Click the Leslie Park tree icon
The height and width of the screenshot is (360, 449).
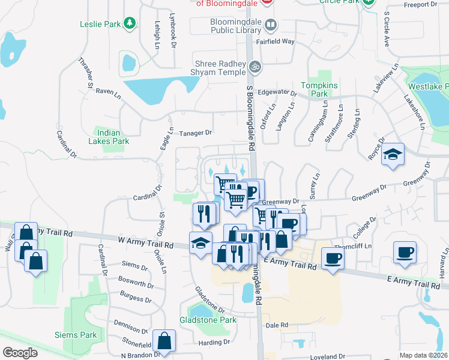(x=129, y=24)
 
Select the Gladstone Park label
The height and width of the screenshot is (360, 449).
(x=208, y=320)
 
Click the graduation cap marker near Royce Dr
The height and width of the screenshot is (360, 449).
(x=393, y=154)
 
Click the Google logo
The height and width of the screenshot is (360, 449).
(x=20, y=353)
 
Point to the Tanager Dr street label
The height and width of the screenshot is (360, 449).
(x=196, y=133)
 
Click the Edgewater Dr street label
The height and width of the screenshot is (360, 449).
(x=277, y=93)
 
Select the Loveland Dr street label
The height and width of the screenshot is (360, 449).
(x=328, y=356)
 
